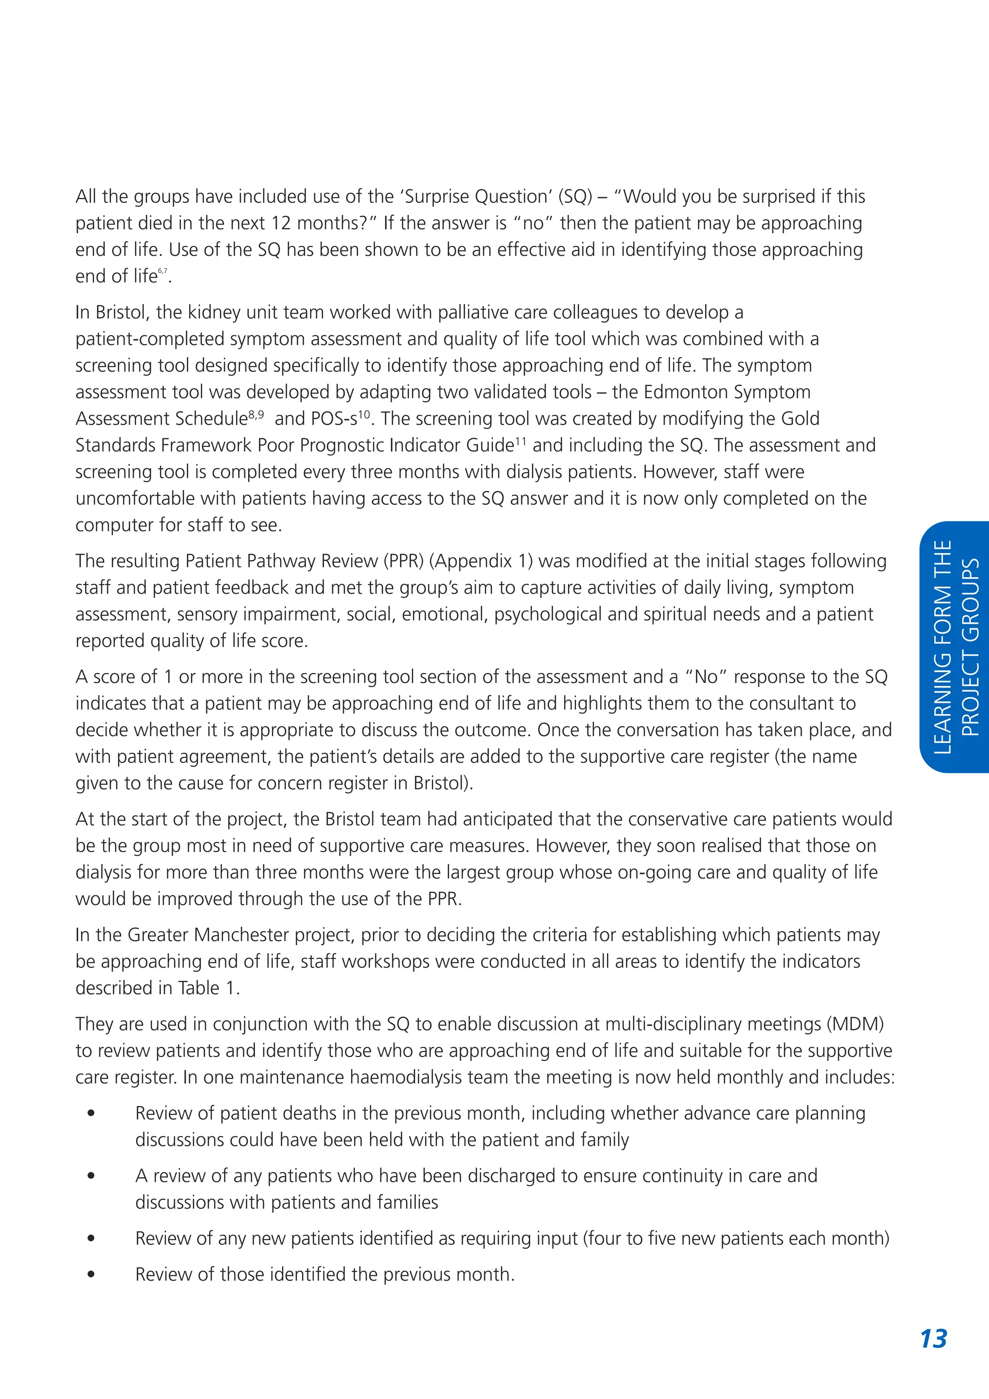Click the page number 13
933,1339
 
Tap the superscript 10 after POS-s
364,414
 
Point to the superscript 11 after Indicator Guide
521,441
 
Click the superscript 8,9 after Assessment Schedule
256,414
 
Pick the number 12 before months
281,223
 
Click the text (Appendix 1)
480,560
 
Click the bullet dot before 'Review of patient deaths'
91,1113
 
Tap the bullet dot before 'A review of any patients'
91,1175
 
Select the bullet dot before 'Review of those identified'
91,1274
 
